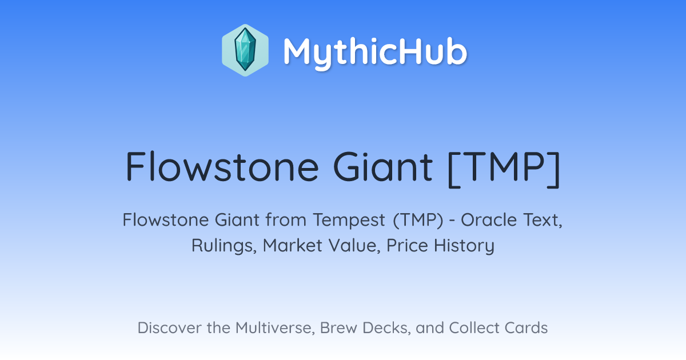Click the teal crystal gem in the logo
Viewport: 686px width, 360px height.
point(245,50)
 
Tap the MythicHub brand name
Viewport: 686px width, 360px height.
point(375,52)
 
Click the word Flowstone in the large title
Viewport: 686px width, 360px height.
point(222,167)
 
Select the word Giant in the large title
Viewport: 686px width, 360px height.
point(383,167)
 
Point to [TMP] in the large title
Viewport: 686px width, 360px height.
point(504,169)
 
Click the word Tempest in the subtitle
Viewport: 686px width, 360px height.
point(349,220)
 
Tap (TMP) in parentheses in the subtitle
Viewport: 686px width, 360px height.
point(418,221)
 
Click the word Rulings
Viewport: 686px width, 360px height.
point(224,246)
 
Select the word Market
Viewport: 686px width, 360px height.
point(293,245)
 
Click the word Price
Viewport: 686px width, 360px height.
point(407,245)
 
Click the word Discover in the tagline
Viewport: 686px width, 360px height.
point(169,327)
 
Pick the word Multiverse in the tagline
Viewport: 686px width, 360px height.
point(275,328)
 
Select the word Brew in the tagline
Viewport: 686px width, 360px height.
point(338,327)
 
